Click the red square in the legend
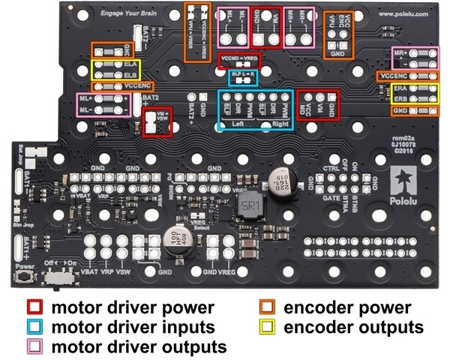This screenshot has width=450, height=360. point(33,308)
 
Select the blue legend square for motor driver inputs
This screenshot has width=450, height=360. point(33,328)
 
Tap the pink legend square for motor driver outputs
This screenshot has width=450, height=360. point(33,347)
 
